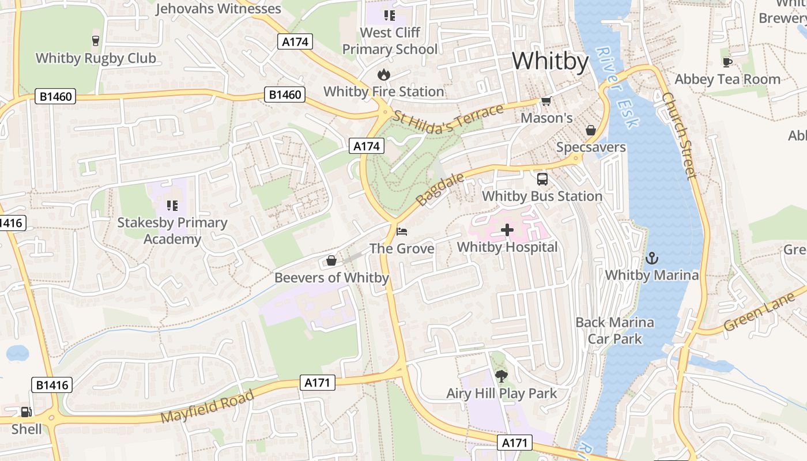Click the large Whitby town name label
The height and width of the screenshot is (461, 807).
550,61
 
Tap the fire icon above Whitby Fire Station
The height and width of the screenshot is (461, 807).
383,74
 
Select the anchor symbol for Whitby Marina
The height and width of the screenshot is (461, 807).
652,258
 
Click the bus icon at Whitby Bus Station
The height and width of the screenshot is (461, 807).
542,179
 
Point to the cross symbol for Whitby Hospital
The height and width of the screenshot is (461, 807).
507,231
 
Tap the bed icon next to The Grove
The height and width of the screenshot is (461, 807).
402,232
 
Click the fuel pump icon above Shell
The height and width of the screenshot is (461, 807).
26,411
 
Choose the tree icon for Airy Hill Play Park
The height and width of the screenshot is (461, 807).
501,376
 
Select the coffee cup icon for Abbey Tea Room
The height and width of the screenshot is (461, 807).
727,62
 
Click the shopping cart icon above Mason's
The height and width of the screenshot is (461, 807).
546,101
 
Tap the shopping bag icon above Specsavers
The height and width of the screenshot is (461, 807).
591,130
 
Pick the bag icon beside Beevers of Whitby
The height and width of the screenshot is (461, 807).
331,260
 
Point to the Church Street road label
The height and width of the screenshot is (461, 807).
680,135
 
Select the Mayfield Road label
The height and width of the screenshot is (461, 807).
208,406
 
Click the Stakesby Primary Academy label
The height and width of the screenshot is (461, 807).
172,231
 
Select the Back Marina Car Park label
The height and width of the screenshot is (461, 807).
614,330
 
